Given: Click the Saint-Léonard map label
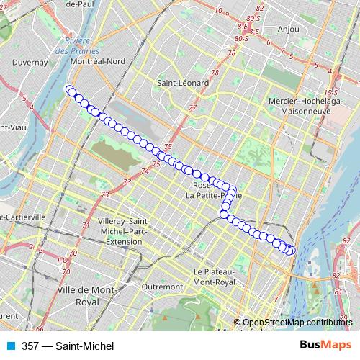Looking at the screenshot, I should click(183, 83).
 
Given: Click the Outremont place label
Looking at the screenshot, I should click(163, 287).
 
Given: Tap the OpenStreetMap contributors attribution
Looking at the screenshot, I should click(297, 323).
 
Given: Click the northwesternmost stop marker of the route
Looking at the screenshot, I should click(70, 89).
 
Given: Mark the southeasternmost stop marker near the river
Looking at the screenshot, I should click(291, 251).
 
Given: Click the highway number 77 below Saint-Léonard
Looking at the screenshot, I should click(192, 108).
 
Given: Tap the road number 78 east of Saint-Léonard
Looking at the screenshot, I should click(215, 73).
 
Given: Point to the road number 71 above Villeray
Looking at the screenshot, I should click(85, 225).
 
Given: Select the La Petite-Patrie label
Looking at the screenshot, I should click(213, 195).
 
